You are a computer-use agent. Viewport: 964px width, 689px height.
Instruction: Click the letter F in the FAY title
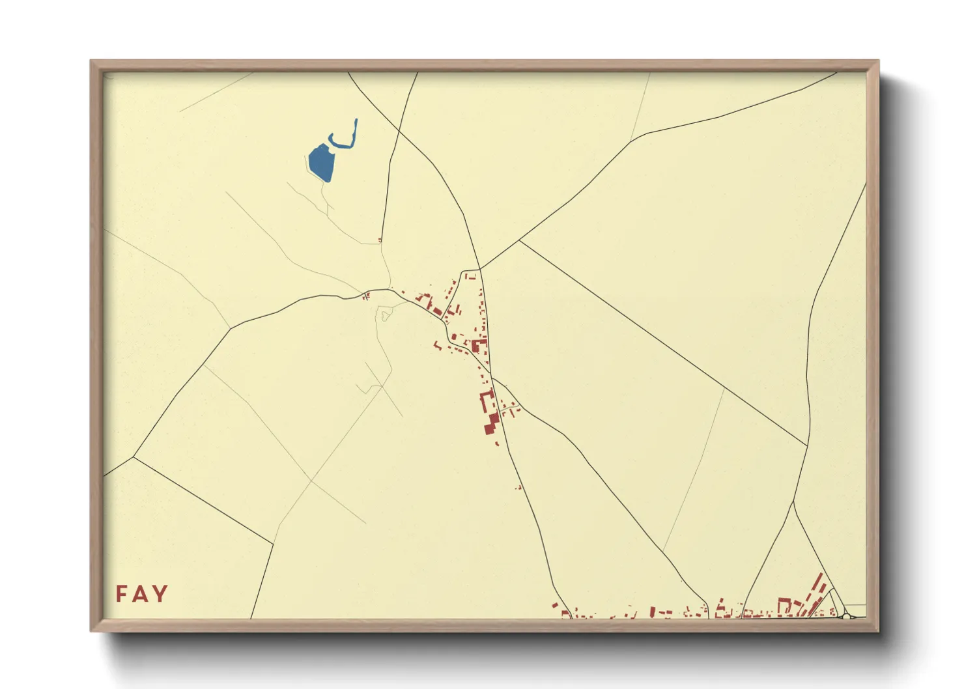(x=122, y=594)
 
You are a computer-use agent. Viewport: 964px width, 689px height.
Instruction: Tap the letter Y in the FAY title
(x=160, y=594)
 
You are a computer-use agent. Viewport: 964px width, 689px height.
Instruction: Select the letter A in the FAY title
(x=140, y=594)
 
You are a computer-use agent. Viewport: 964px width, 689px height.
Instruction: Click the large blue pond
(x=320, y=163)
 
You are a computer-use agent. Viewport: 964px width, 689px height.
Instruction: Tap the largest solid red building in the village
(x=490, y=423)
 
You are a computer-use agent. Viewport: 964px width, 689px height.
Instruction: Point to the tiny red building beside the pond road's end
(x=380, y=240)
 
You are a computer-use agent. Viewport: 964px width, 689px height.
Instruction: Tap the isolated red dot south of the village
(x=518, y=487)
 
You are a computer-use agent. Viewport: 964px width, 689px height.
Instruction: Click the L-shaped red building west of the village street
(x=427, y=301)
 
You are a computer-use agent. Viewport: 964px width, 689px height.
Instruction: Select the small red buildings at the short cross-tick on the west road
(x=366, y=296)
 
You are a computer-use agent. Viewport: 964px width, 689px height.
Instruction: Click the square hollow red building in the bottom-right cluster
(x=785, y=605)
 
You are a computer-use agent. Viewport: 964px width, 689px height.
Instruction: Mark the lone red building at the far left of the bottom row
(x=555, y=606)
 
